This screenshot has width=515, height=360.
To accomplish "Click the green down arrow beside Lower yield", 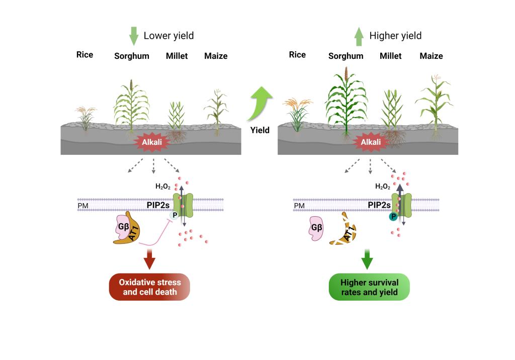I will [x=133, y=36].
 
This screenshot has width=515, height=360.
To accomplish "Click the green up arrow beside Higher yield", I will [x=359, y=36].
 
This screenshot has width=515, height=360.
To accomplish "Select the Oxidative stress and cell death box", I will [x=150, y=287].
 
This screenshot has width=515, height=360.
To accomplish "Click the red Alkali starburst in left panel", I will [x=151, y=142].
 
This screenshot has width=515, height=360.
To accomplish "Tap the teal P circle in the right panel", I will [x=392, y=217].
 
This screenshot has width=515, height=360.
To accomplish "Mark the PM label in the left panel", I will [x=83, y=206].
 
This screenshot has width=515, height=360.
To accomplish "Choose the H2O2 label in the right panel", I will [x=383, y=186].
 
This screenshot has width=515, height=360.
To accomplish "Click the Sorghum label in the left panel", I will [x=132, y=56].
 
